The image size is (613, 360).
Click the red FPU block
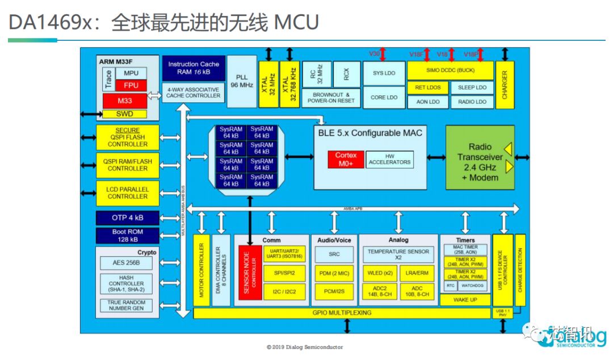131,85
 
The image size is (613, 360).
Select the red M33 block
124,101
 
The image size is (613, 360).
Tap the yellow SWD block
124,114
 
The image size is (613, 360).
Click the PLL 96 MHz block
242,80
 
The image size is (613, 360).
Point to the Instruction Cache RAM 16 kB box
194,68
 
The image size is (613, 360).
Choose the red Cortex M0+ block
346,160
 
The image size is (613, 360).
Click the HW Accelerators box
389,159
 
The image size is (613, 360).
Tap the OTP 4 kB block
127,218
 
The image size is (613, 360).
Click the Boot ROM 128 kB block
127,236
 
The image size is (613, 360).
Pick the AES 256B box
126,263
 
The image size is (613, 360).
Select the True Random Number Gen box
126,305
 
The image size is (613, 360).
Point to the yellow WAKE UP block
465,299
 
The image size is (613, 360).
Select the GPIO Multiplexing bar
341,313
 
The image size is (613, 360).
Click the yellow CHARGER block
505,85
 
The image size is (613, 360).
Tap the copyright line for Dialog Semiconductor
305,347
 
